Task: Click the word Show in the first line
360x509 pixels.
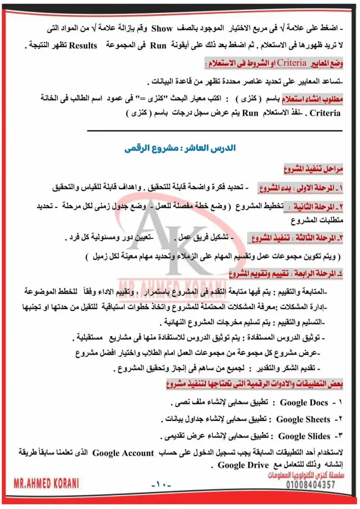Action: tap(162, 29)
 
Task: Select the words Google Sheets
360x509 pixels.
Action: tap(303, 419)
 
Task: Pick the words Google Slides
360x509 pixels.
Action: tap(304, 436)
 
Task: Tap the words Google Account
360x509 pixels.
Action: tap(123, 453)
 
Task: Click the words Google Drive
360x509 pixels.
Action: tap(236, 465)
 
